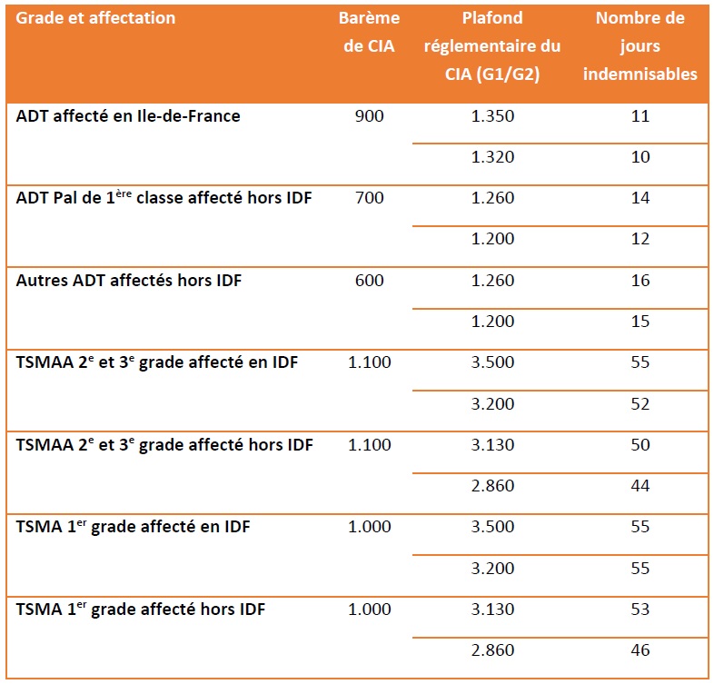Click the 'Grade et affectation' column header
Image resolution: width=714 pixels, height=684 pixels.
point(95,18)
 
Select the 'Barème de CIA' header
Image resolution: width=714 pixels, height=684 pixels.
point(369,33)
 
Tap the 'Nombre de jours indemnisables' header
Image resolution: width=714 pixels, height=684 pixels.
point(640,46)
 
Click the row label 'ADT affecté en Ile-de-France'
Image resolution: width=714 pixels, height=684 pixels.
point(128,116)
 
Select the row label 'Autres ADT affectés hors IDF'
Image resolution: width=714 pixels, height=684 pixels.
point(129,281)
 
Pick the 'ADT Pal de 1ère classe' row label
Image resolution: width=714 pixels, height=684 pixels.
point(164,198)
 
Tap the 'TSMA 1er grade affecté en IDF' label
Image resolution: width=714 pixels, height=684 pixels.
point(134,527)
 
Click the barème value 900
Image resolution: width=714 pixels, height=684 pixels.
point(370,116)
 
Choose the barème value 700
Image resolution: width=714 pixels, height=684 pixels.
point(370,198)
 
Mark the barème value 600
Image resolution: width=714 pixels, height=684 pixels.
point(370,281)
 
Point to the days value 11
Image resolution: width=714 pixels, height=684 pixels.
point(640,116)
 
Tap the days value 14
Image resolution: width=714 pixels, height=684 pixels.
point(640,198)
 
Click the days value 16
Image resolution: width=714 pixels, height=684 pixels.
point(640,281)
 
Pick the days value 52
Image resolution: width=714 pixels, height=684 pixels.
point(640,403)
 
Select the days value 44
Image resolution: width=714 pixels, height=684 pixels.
point(640,486)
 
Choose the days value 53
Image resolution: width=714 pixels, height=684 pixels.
point(640,609)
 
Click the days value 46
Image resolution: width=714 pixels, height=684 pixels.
point(640,649)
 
